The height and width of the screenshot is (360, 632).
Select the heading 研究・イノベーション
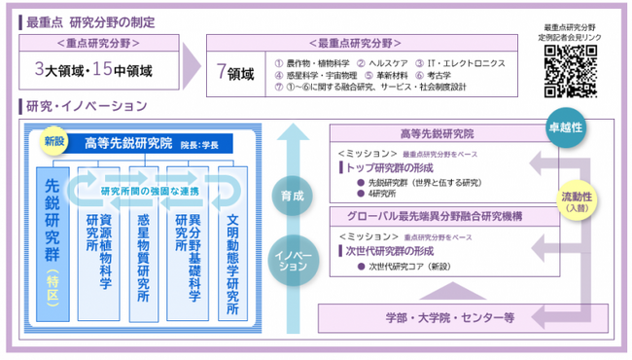coord(82,105)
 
